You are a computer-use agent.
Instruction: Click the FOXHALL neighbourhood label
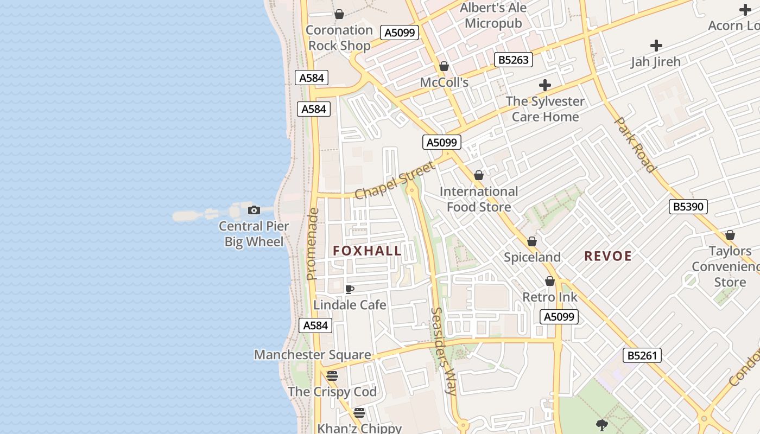367,251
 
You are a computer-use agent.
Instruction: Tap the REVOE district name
608,256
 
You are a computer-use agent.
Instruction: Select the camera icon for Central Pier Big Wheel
254,210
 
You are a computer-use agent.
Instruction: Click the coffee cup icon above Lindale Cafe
350,289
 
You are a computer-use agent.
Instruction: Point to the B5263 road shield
513,60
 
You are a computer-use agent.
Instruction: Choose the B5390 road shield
688,206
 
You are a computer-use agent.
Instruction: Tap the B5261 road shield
642,356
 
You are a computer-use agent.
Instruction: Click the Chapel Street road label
395,180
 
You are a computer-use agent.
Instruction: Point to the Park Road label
634,144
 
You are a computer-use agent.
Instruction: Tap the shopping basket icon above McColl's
444,66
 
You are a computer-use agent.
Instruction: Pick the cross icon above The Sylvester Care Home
544,85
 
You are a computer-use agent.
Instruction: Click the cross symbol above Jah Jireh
656,46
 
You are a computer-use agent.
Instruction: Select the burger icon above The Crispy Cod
332,375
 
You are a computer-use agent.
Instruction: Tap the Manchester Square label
313,355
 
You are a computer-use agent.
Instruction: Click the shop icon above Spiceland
532,241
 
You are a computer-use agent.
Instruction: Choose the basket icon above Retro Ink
550,281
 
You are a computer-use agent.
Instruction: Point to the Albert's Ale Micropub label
493,15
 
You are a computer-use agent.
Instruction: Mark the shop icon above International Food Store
478,175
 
